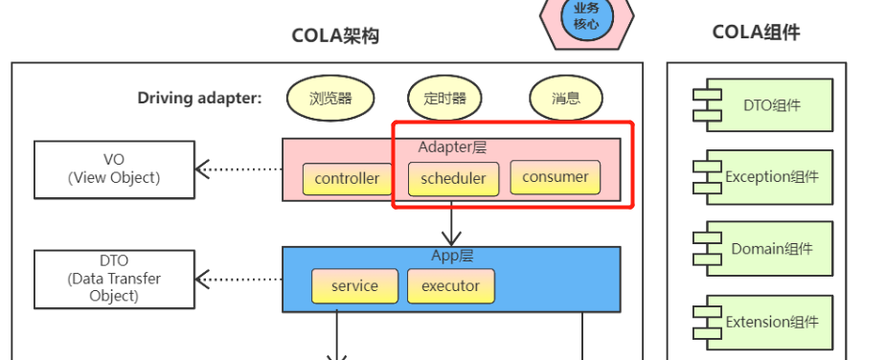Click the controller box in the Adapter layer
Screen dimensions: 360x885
tap(347, 178)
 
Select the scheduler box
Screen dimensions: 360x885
tap(453, 178)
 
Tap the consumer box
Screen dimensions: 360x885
tap(556, 177)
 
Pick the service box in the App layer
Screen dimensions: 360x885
tap(354, 285)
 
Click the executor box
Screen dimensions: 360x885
tap(450, 285)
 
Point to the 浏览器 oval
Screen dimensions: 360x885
tap(330, 98)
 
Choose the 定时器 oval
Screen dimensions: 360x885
tap(443, 98)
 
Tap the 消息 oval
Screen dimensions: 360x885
tap(565, 98)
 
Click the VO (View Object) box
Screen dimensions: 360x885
tap(114, 169)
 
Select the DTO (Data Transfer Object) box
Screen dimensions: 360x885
tap(114, 278)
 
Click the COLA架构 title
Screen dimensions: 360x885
tap(335, 36)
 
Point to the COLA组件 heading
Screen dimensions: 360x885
tap(756, 33)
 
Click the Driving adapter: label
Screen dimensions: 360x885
tap(199, 98)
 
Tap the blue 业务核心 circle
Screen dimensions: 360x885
tap(586, 16)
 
